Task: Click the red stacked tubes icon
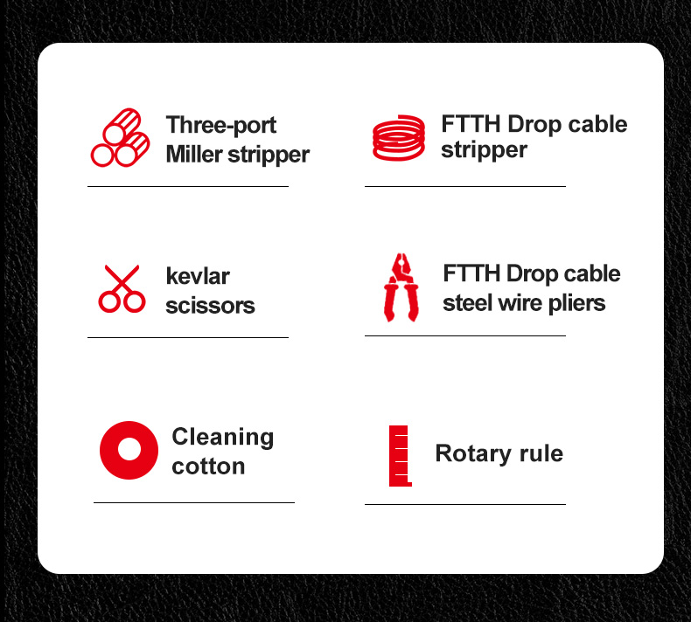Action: coord(120,138)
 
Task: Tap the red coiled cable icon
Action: coord(399,138)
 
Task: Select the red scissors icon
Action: coord(122,289)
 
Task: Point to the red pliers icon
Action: coord(401,287)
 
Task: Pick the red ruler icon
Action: coord(400,456)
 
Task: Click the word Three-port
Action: coord(221,125)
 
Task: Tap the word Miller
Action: coord(194,154)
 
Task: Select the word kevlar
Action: coord(198,276)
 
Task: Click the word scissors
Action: coord(210,306)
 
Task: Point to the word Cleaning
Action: coord(223,438)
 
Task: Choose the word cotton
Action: coord(208,466)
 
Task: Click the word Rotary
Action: coord(473,454)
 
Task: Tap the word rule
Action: coord(541,453)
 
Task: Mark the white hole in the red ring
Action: coord(129,449)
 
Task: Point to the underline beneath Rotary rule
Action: coord(465,504)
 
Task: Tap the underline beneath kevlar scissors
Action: coord(188,337)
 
